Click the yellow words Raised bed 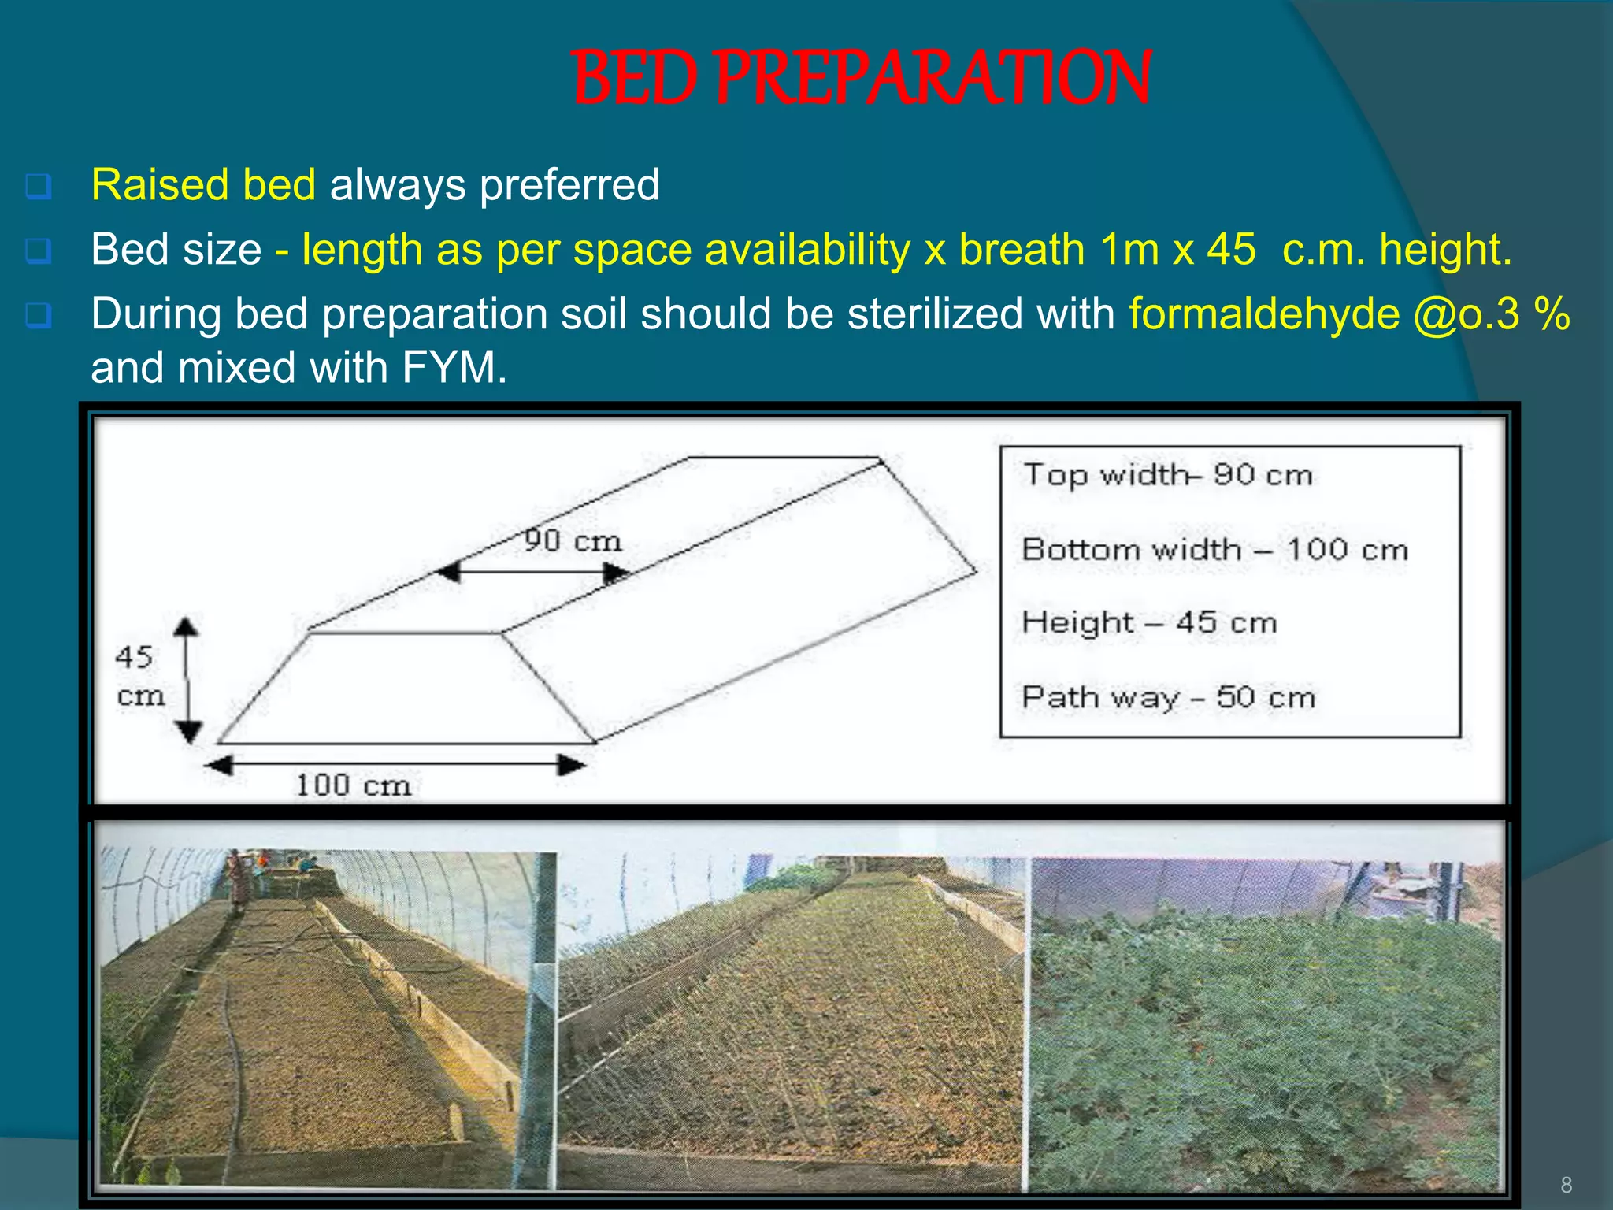click(x=203, y=184)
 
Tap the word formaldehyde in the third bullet click(x=1264, y=314)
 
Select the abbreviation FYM click(x=454, y=367)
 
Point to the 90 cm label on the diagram click(x=573, y=540)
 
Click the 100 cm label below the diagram click(x=353, y=785)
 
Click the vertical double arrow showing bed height click(x=187, y=680)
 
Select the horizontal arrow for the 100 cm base click(x=395, y=764)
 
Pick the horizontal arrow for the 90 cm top click(x=533, y=572)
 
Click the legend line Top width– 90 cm click(x=1167, y=475)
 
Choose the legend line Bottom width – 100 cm click(x=1214, y=549)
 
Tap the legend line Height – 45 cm click(x=1148, y=622)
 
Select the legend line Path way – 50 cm click(x=1168, y=697)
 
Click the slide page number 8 click(x=1566, y=1184)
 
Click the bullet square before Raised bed click(x=39, y=187)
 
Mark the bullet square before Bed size click(x=39, y=251)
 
